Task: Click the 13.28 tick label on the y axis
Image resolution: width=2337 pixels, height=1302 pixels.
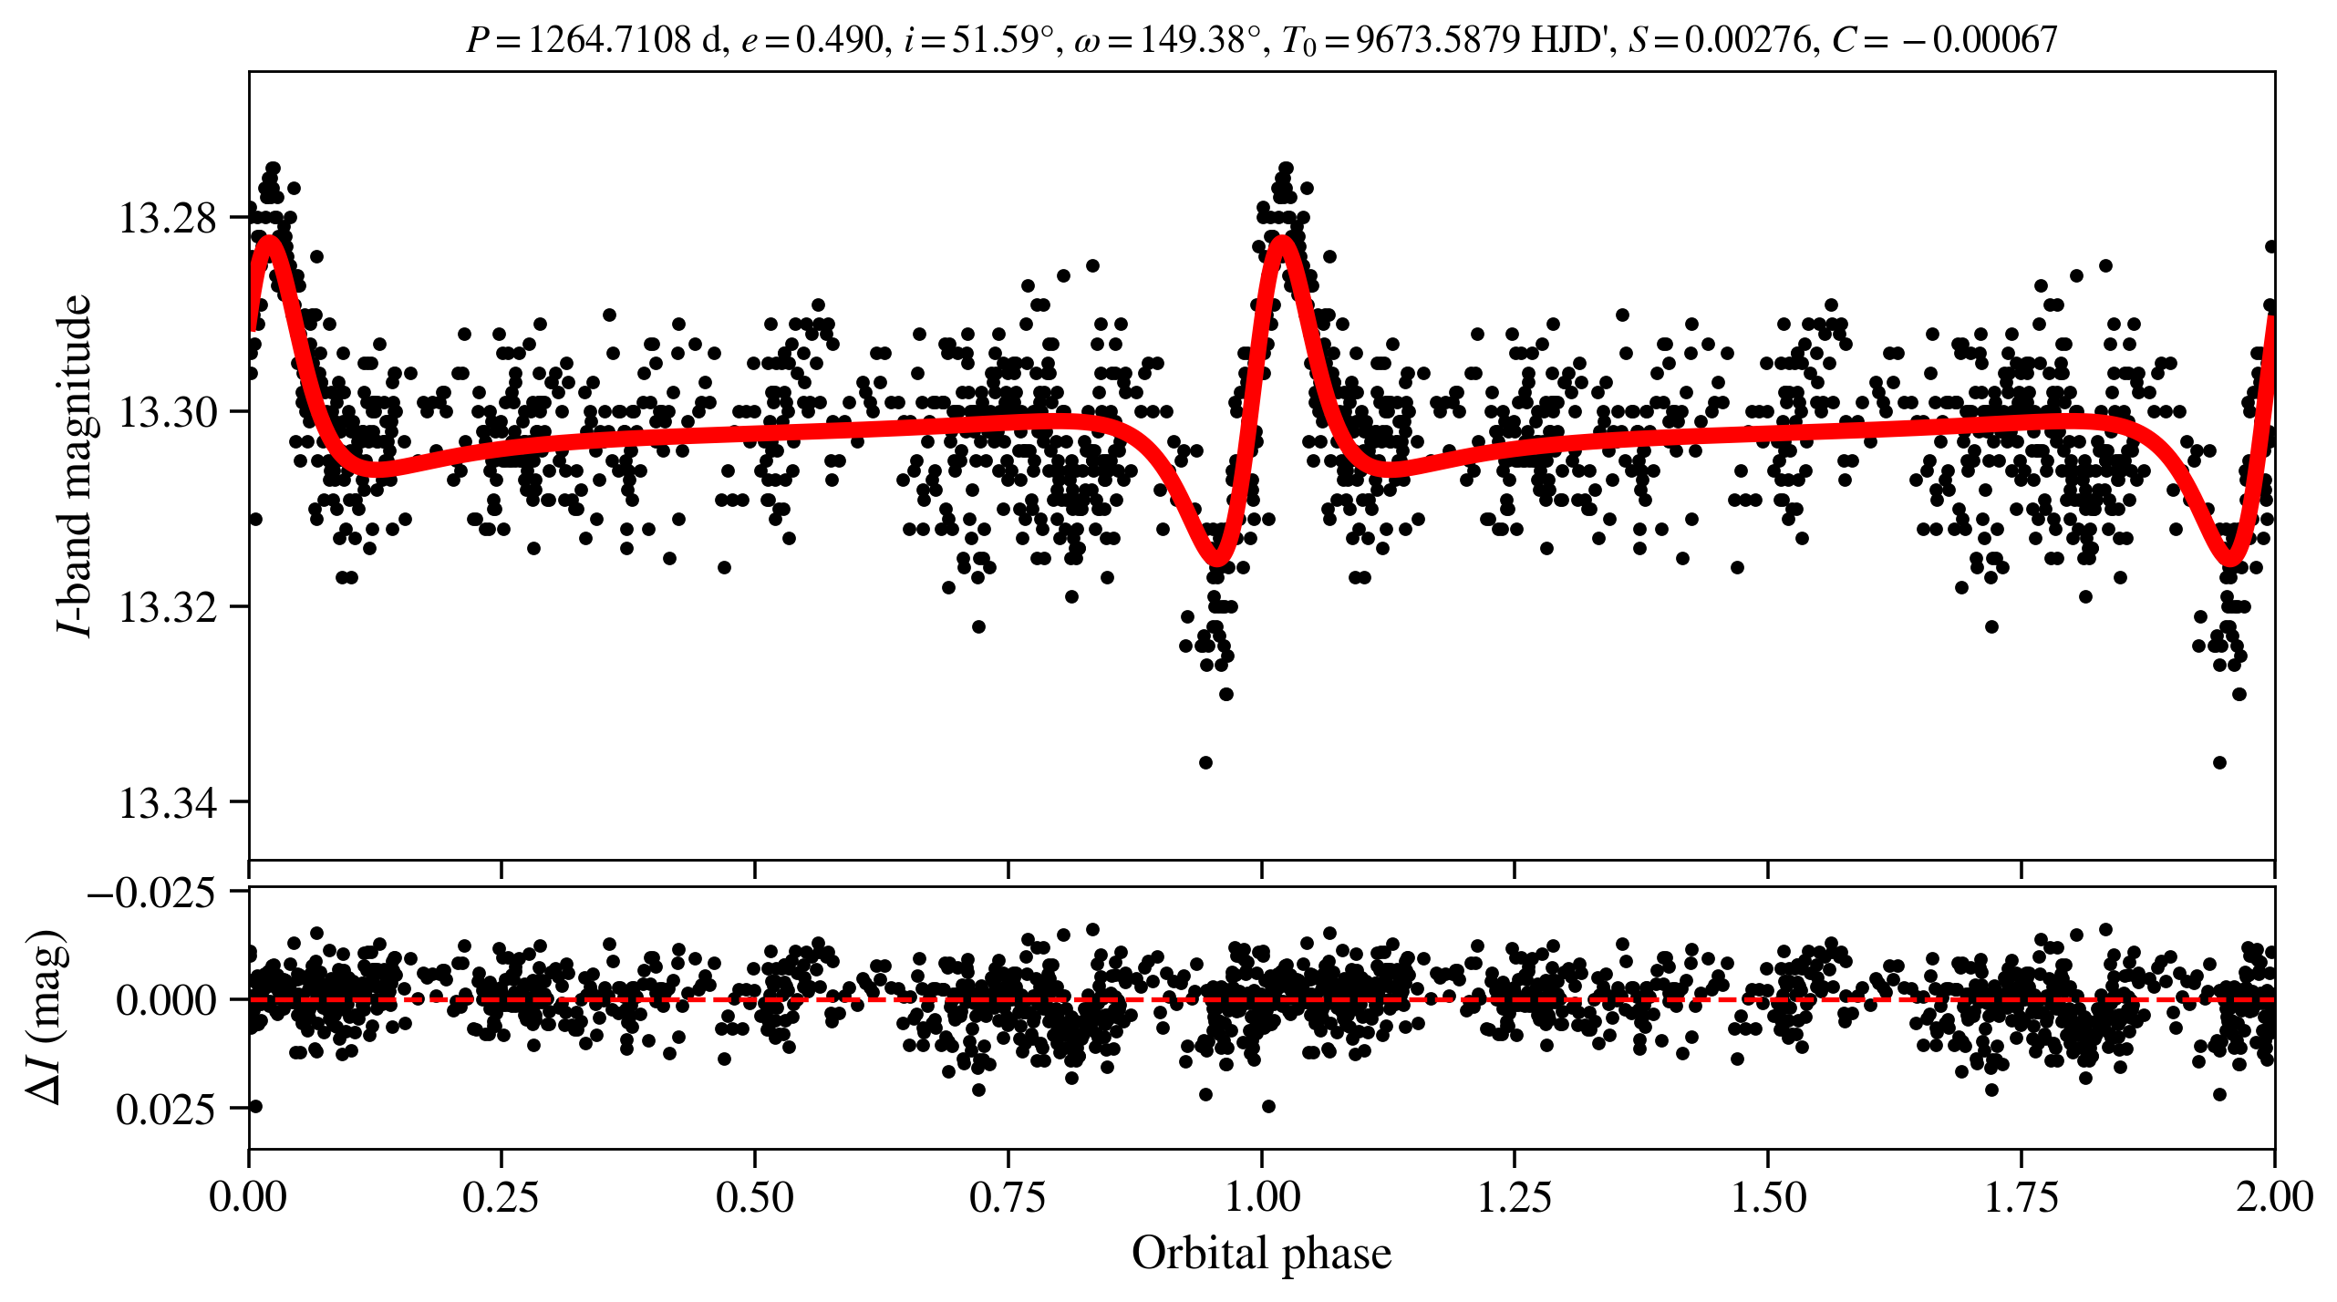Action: pos(168,219)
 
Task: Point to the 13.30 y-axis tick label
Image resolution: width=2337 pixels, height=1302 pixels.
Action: pos(168,412)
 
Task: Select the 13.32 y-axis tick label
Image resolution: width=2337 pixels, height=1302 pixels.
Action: pos(168,607)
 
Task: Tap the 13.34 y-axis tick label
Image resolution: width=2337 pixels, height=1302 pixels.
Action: pos(168,803)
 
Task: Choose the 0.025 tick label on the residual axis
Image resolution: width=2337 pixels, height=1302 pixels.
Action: pos(166,1110)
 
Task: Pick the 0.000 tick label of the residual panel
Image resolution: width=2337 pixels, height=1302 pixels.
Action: pos(166,1000)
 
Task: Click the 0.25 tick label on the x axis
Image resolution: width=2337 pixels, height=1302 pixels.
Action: pos(501,1197)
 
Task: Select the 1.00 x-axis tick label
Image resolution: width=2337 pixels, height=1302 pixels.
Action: pos(1261,1197)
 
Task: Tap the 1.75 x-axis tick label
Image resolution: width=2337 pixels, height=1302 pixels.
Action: pos(2022,1197)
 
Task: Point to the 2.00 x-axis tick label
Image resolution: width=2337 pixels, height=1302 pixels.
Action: pos(2274,1197)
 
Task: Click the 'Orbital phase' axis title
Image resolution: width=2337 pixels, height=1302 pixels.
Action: pos(1261,1254)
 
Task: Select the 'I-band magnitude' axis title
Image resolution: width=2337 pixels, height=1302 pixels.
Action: pos(75,465)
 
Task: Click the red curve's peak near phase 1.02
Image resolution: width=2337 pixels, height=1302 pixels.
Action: pos(1283,242)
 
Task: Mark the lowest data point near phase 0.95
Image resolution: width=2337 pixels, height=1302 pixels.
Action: pos(1205,762)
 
